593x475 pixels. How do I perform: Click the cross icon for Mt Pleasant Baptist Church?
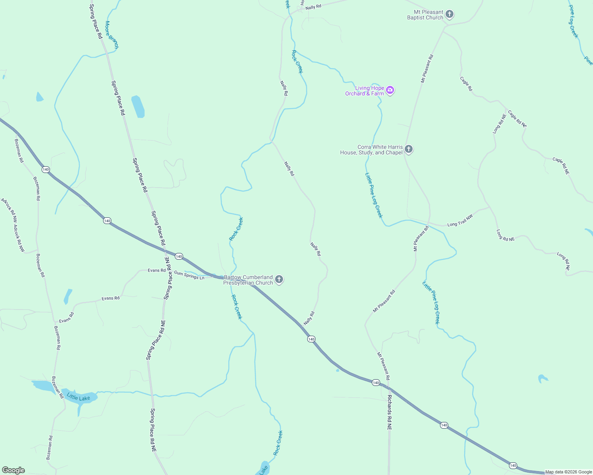click(449, 15)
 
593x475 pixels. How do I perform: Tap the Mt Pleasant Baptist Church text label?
click(425, 15)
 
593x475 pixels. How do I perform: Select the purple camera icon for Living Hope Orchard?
click(390, 91)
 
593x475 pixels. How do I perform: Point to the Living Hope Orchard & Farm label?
click(364, 91)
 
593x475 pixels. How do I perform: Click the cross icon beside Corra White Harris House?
click(409, 150)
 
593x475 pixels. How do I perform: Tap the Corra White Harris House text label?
click(371, 150)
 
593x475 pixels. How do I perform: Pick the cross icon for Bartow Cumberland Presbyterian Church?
click(279, 280)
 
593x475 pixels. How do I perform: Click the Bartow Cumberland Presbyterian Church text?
click(248, 280)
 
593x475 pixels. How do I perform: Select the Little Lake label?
click(78, 397)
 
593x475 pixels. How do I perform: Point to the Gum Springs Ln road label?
click(189, 275)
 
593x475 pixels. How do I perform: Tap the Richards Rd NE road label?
click(389, 412)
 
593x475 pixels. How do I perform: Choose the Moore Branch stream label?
click(111, 35)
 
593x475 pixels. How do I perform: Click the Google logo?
click(13, 470)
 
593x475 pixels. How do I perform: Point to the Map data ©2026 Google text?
click(568, 472)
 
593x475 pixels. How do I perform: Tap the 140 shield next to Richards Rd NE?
click(376, 382)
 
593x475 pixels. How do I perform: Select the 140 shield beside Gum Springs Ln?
click(179, 256)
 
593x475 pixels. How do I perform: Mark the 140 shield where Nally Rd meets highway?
click(311, 339)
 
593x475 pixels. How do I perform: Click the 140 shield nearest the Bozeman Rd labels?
click(46, 169)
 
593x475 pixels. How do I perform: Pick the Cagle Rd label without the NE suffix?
click(466, 84)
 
